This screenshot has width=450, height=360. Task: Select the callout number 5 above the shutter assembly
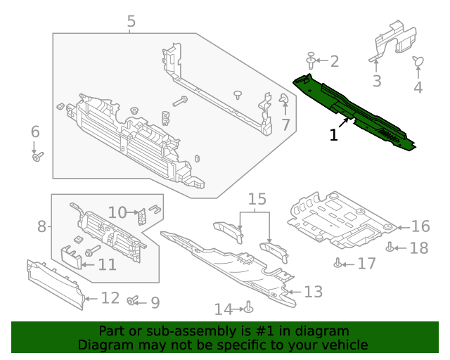pos(131,22)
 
